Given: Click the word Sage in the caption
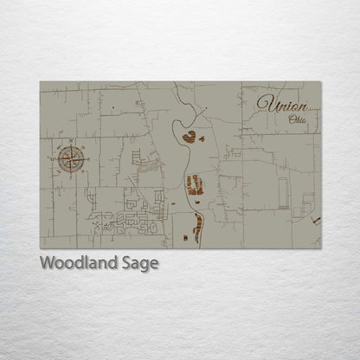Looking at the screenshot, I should point(140,263).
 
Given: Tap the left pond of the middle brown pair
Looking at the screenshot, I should point(190,184).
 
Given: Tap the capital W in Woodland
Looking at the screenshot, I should point(48,262).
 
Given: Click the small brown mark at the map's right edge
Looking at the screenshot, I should point(316,221).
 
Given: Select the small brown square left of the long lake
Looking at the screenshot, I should point(184,236).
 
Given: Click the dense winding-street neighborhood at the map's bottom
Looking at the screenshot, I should point(130,222).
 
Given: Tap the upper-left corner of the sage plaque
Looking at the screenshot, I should point(41,82).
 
